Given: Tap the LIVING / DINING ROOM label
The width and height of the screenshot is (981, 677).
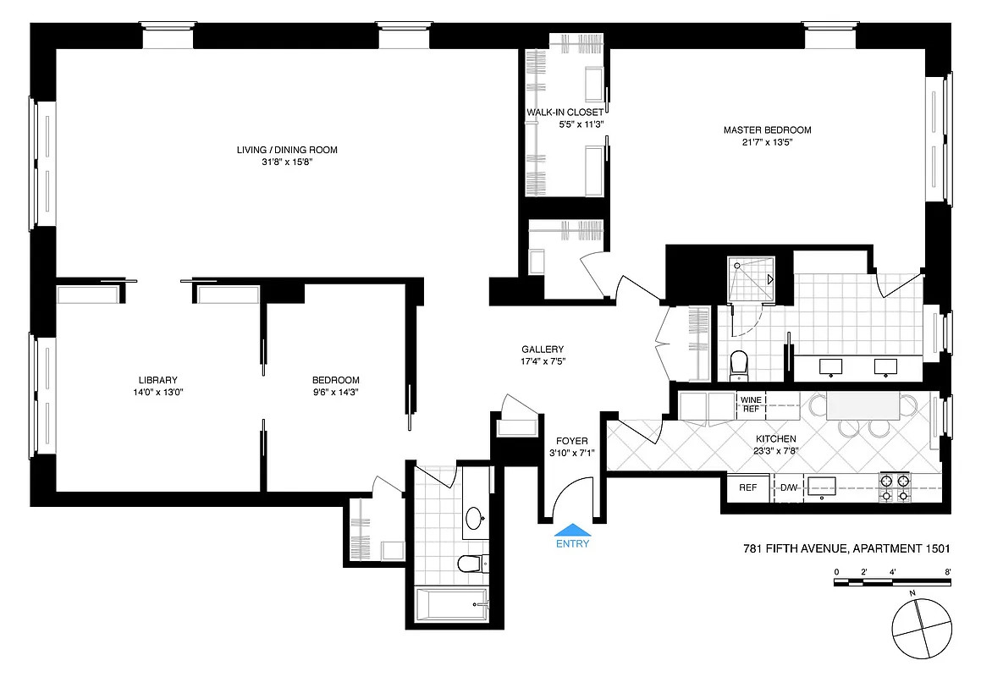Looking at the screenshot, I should click(287, 150).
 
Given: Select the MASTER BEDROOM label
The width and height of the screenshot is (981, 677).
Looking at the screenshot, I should click(767, 129).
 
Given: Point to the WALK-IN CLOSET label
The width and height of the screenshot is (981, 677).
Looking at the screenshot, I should click(565, 113).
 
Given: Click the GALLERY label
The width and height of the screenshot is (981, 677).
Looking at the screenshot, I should click(543, 350).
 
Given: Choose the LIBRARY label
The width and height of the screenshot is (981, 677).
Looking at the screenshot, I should click(157, 380).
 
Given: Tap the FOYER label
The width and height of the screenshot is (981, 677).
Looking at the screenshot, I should click(571, 441).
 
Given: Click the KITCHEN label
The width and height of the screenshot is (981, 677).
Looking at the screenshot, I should click(775, 438).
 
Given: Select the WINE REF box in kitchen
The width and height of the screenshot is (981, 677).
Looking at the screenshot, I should click(751, 403).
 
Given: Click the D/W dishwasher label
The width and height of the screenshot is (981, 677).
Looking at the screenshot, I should click(788, 487).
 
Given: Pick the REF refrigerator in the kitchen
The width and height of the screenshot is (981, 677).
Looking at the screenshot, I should click(748, 487).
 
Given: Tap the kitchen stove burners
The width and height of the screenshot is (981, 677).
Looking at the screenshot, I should click(895, 488).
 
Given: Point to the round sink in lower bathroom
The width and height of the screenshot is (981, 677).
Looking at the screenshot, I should click(475, 516).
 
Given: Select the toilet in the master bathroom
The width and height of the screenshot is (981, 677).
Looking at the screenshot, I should click(739, 365).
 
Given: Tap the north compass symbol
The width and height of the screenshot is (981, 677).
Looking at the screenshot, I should click(922, 627).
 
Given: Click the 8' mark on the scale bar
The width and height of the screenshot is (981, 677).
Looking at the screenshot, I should click(948, 573).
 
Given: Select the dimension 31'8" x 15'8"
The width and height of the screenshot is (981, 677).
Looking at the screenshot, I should click(287, 162).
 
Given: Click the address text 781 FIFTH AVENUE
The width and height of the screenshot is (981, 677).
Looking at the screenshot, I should click(789, 549).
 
